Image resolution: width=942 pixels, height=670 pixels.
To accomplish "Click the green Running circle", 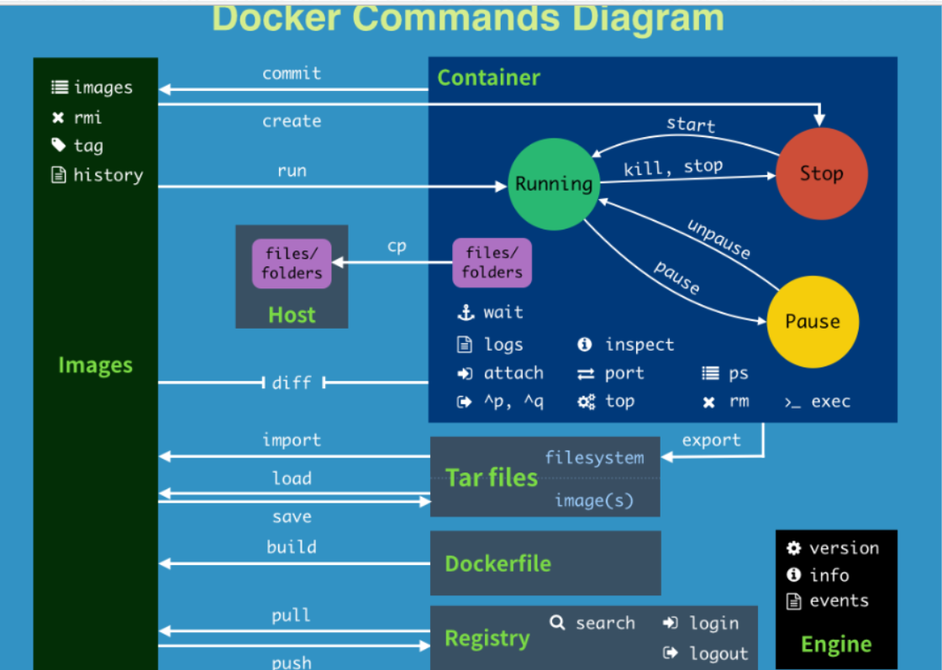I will click(553, 184).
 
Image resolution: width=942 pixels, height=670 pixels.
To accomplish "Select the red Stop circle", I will click(821, 174).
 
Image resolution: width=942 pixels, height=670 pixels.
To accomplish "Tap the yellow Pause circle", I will click(812, 322).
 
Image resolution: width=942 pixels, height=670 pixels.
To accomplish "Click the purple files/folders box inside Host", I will click(292, 263).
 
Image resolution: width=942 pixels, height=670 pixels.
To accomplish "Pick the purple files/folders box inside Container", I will click(492, 263).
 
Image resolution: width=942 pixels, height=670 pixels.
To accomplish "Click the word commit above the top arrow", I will click(292, 74).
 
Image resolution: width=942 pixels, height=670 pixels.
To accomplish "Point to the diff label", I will click(292, 383).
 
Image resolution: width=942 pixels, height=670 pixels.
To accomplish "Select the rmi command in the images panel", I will click(87, 118).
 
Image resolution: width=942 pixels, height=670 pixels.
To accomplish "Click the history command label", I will click(108, 175).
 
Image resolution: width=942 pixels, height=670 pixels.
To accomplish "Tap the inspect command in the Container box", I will click(639, 345).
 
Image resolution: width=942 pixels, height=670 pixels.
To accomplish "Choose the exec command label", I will click(830, 402).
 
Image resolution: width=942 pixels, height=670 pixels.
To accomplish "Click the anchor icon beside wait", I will click(466, 313).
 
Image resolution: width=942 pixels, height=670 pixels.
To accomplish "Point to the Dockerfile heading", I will click(497, 563).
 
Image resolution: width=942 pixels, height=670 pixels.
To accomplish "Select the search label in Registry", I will click(605, 623).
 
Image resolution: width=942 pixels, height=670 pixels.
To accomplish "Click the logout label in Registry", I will click(718, 653).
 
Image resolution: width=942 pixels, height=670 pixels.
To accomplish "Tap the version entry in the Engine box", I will click(844, 548).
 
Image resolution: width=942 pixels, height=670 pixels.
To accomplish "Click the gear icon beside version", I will click(794, 548).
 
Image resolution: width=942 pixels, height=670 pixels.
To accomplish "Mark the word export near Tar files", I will click(711, 440).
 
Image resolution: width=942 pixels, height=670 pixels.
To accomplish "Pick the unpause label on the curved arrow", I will click(718, 240).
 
